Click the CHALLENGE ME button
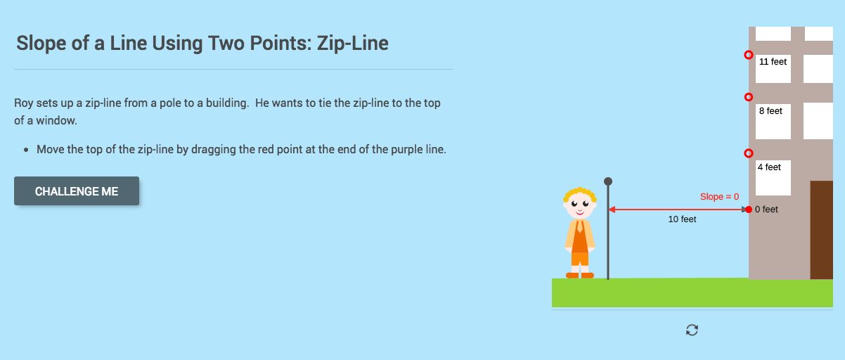77,191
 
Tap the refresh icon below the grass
692,330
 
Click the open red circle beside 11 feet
749,55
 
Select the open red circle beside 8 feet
749,97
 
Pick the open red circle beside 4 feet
749,153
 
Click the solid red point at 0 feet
749,210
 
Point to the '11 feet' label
773,62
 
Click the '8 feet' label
770,111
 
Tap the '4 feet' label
769,167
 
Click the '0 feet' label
766,210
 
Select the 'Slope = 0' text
719,197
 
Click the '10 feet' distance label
682,219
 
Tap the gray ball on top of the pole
608,181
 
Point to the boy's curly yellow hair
580,193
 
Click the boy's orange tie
580,226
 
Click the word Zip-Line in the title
353,44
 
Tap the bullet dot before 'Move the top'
26,150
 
